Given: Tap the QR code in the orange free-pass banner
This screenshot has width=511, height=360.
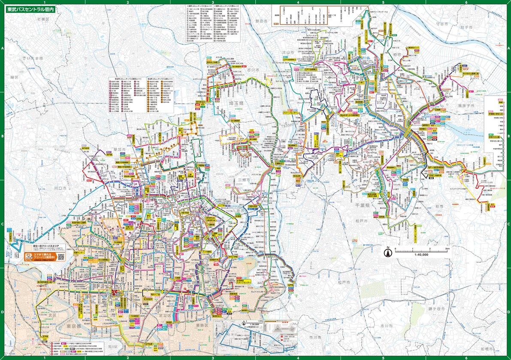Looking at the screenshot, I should point(61,256).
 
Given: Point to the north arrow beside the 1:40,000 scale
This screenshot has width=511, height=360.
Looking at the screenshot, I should point(387,252).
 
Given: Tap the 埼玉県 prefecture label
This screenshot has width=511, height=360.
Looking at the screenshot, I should point(236,104).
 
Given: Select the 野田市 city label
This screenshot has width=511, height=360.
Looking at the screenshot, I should point(260,21).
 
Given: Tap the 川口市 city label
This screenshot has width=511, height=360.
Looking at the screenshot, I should point(60,188).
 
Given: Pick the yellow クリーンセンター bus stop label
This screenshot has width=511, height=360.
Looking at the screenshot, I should point(291,112).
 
